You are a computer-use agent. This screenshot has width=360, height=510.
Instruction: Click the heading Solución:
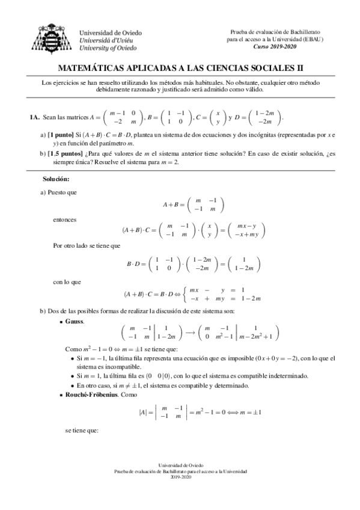click(56, 179)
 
